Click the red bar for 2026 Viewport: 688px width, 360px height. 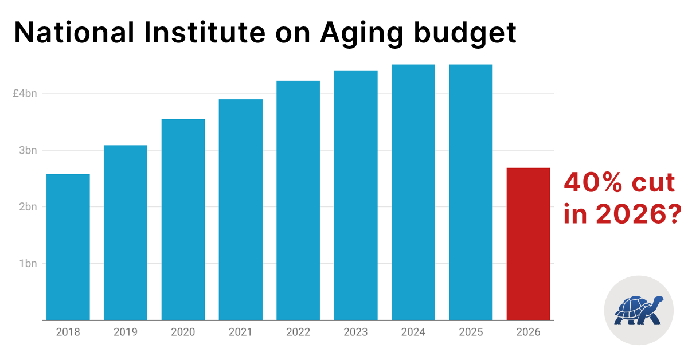[528, 244]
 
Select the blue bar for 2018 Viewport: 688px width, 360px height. [68, 246]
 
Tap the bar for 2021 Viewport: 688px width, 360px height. [240, 209]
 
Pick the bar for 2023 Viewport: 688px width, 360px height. [355, 195]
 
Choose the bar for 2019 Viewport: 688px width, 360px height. [125, 232]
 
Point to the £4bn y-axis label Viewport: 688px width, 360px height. [25, 93]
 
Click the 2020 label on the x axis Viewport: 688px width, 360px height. [183, 332]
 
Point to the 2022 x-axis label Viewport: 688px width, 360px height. [298, 332]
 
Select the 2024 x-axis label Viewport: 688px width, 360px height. [413, 332]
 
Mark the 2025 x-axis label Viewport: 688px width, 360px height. [471, 332]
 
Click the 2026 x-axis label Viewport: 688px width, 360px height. [528, 332]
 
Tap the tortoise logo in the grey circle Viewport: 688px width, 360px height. [639, 310]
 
